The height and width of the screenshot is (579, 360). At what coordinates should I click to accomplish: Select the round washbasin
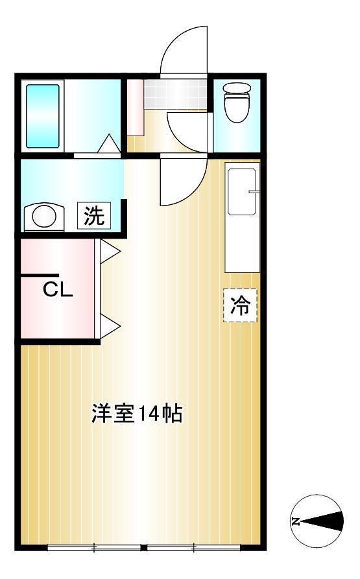click(x=44, y=216)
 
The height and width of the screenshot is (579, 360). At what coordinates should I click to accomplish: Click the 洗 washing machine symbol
click(x=95, y=216)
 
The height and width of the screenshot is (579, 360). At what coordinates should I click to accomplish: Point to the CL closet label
click(x=58, y=289)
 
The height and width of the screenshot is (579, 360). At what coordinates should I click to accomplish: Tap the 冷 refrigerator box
click(x=241, y=304)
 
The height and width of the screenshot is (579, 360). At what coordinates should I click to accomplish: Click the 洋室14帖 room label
click(x=136, y=414)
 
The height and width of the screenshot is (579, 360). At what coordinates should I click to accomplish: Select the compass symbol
click(x=316, y=521)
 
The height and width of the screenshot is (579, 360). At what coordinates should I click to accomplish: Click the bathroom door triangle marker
click(x=109, y=143)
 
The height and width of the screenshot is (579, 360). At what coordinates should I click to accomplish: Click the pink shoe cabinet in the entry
click(x=135, y=108)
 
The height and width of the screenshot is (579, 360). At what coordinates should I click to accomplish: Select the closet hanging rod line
click(x=40, y=276)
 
